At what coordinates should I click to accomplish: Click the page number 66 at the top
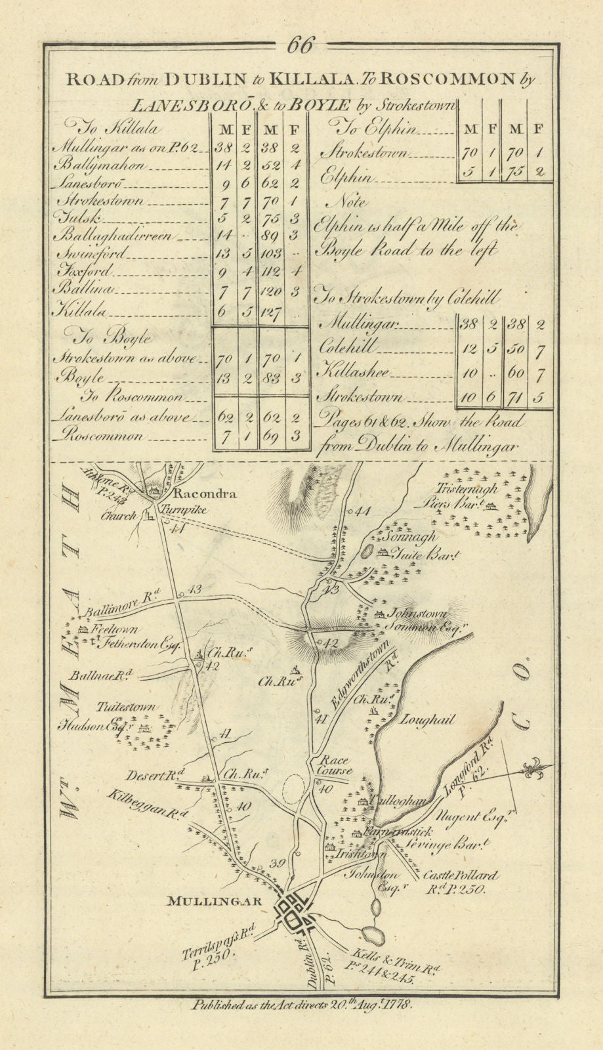point(301,47)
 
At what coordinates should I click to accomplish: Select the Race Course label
point(335,766)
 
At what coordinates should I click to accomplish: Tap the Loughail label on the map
point(426,720)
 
